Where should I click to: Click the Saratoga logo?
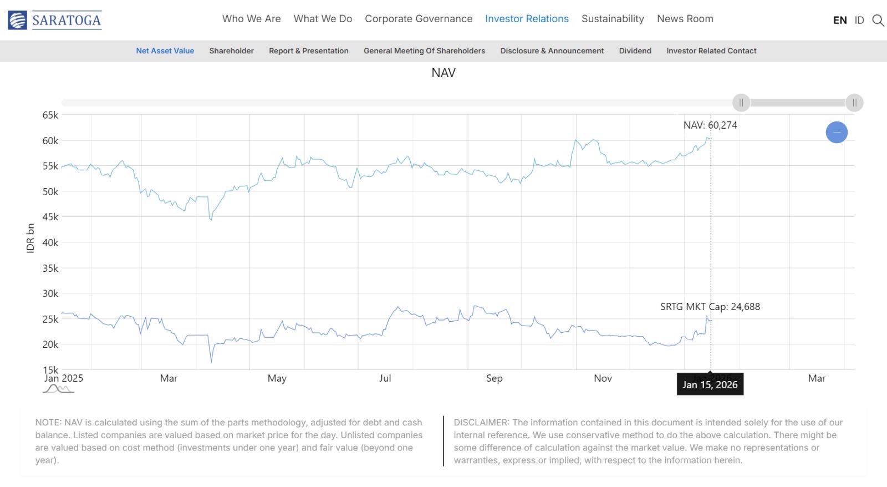(55, 20)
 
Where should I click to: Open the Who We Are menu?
(251, 19)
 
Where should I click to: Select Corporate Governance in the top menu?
(419, 19)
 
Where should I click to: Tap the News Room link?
(685, 19)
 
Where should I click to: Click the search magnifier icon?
(878, 21)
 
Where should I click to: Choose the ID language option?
(859, 21)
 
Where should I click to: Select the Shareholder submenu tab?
(231, 51)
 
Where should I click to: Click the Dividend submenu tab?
(635, 51)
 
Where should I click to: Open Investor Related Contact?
(711, 51)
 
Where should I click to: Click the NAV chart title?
(443, 73)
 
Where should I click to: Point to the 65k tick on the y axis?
(50, 115)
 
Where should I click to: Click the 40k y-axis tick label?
(50, 242)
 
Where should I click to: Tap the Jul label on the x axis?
(385, 378)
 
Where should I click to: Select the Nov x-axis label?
(603, 378)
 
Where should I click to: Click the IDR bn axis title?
(30, 238)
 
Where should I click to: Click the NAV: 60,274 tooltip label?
(710, 125)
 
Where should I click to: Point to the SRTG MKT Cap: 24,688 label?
(710, 307)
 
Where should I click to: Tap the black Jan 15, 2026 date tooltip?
(710, 384)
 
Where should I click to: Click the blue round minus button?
(837, 132)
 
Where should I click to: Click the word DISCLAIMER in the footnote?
(480, 423)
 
